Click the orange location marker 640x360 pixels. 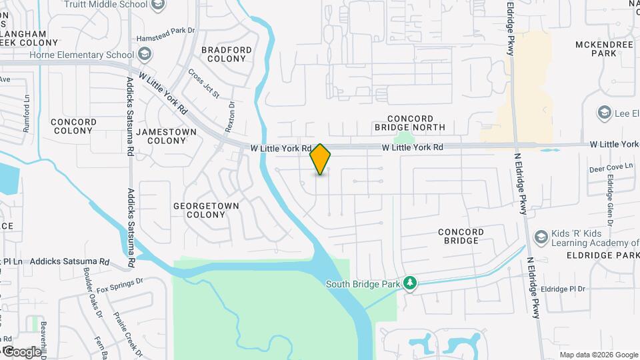coord(321,159)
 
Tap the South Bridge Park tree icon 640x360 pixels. coord(411,284)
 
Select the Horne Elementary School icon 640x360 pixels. coord(145,55)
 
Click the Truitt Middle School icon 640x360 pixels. coord(158,6)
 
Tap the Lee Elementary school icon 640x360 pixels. coord(605,113)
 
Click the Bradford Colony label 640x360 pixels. coord(227,54)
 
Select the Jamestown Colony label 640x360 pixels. coord(166,136)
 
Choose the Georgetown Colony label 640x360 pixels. coord(206,210)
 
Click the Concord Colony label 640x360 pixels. coord(73,127)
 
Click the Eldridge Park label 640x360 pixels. coord(603,255)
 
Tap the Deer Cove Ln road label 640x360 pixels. coord(611,169)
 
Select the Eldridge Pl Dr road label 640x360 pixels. coord(563,289)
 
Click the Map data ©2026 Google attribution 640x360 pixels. coord(598,355)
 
